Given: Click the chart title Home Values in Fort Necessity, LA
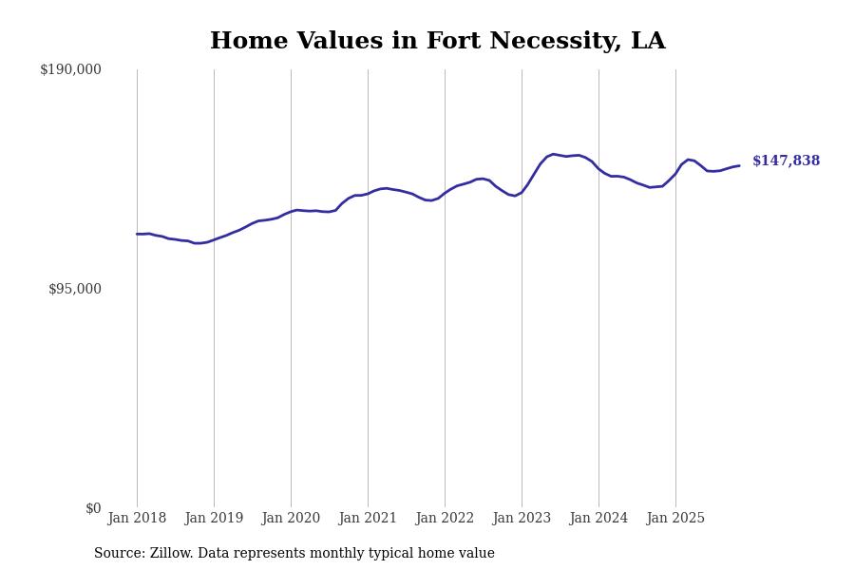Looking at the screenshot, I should pyautogui.click(x=437, y=42).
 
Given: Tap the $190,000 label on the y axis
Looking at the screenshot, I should pyautogui.click(x=70, y=69).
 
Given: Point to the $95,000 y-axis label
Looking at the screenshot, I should pyautogui.click(x=75, y=289).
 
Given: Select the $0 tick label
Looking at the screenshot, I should pyautogui.click(x=93, y=508).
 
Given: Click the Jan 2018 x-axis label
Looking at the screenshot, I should pyautogui.click(x=137, y=519).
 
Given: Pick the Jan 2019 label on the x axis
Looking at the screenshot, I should pyautogui.click(x=214, y=519).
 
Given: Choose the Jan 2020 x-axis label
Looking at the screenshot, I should pyautogui.click(x=291, y=519).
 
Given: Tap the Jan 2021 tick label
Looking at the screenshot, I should pyautogui.click(x=368, y=519).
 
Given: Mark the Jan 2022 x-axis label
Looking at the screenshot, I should pyautogui.click(x=445, y=519).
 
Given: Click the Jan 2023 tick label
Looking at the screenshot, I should pyautogui.click(x=522, y=519).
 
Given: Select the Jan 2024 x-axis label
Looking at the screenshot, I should pyautogui.click(x=598, y=519).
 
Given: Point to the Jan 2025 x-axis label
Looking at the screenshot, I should pyautogui.click(x=675, y=519).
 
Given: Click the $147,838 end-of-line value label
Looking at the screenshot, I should pyautogui.click(x=786, y=161).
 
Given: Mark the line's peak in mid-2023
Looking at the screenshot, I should pyautogui.click(x=553, y=154).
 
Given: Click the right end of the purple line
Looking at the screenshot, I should pyautogui.click(x=739, y=166).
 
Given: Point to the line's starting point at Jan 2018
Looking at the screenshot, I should pyautogui.click(x=137, y=234).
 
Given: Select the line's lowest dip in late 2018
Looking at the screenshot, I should pyautogui.click(x=196, y=243).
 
